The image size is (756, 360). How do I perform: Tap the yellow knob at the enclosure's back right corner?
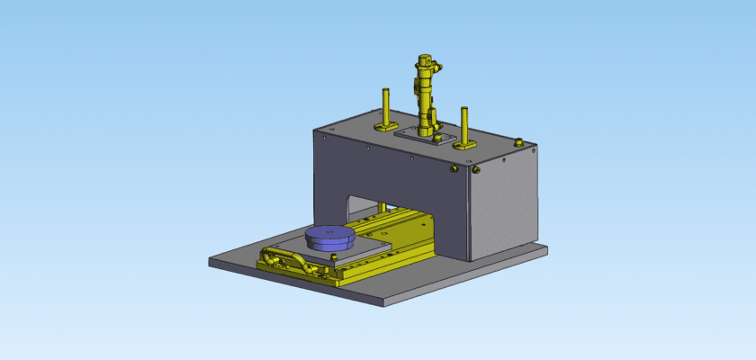click(519, 141)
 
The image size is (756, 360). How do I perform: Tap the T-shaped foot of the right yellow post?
click(465, 143)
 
